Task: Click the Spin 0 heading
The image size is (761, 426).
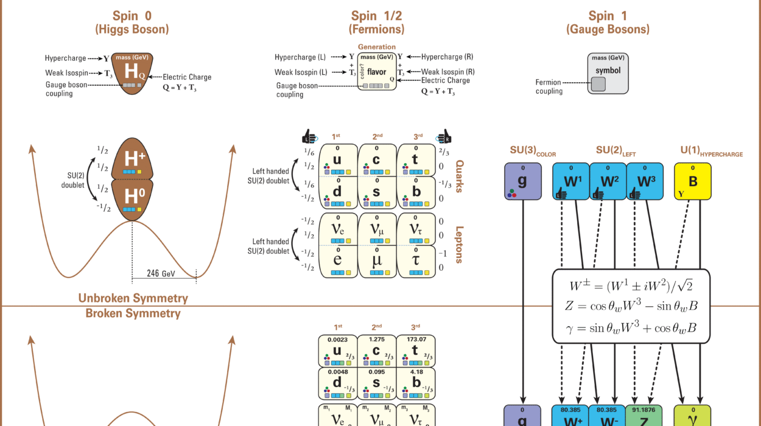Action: tap(131, 16)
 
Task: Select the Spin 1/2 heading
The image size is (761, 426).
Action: tap(377, 16)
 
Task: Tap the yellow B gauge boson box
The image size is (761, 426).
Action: tap(693, 181)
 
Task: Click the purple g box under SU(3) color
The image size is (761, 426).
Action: tap(522, 181)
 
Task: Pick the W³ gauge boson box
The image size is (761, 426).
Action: tap(644, 181)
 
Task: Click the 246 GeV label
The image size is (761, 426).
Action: tap(161, 274)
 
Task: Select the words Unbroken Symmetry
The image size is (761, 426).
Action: tap(133, 298)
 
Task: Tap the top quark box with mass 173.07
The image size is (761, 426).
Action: tap(415, 349)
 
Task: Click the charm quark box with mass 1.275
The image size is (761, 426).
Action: tap(376, 349)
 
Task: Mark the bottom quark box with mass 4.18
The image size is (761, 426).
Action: tap(415, 382)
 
